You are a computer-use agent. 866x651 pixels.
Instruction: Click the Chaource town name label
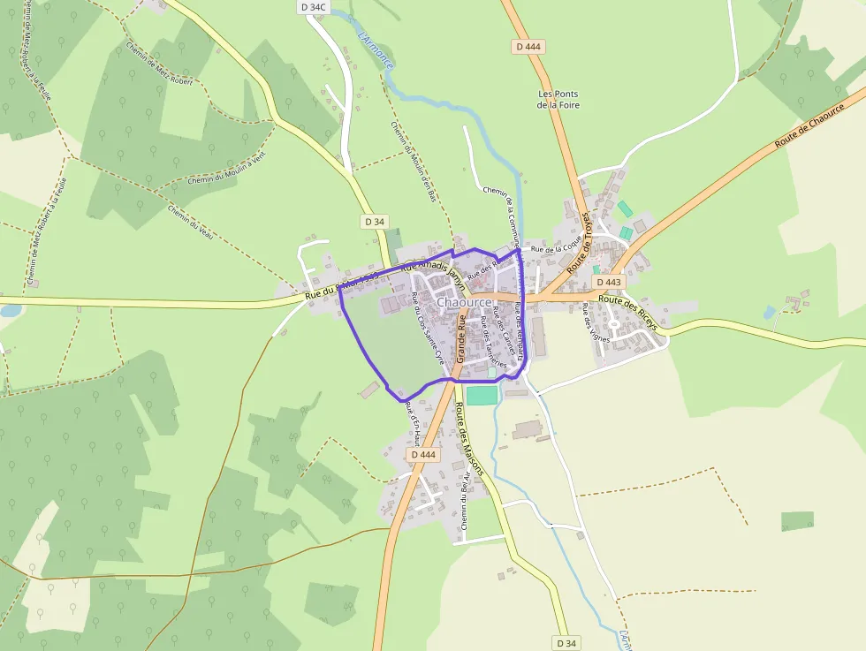point(464,302)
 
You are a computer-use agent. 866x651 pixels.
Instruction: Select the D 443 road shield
point(608,283)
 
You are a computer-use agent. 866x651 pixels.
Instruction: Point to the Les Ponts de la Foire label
point(558,99)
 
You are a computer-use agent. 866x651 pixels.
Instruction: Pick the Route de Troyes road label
point(579,241)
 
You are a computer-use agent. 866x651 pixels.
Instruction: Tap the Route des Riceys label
point(628,311)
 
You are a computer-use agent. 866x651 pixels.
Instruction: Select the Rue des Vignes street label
point(596,322)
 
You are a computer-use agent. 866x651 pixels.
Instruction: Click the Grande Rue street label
point(460,341)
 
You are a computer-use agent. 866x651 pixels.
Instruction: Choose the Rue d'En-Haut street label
point(410,420)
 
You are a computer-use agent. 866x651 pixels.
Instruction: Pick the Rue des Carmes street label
point(504,330)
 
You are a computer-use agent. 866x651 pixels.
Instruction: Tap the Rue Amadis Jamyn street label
point(433,269)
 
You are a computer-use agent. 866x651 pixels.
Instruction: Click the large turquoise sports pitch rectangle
point(482,395)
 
